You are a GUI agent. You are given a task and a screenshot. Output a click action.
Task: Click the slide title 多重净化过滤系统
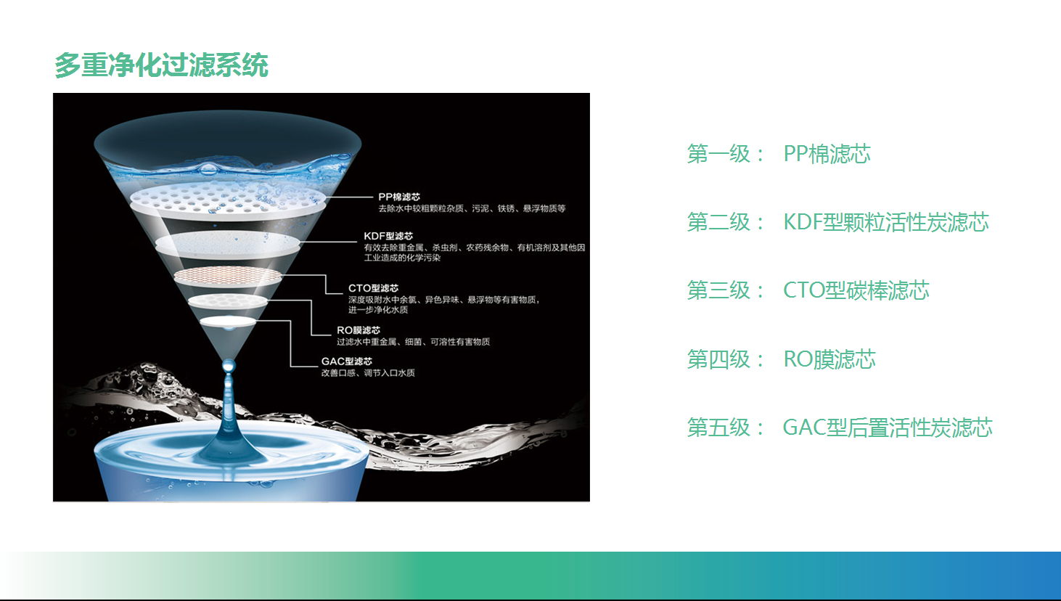click(162, 65)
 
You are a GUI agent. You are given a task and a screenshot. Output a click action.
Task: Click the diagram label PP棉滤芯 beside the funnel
click(399, 197)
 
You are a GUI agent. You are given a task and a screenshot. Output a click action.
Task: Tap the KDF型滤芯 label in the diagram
click(388, 236)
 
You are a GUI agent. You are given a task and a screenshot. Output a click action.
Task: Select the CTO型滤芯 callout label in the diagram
click(373, 288)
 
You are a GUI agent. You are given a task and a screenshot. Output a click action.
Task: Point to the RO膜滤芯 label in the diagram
click(359, 330)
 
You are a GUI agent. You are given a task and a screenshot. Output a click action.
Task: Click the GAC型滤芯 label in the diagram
click(347, 361)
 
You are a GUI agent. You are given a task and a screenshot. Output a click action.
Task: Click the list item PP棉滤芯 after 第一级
click(827, 154)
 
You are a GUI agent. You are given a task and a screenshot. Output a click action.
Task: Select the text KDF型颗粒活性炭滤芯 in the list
click(886, 222)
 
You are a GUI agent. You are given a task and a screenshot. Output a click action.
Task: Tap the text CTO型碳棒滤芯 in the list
click(856, 290)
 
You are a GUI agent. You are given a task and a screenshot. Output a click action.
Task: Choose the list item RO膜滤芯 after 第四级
click(829, 359)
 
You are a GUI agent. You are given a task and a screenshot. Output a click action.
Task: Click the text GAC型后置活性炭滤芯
click(887, 428)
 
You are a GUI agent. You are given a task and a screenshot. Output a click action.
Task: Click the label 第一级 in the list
click(718, 154)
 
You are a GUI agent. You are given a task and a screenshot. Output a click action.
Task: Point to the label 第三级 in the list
click(718, 290)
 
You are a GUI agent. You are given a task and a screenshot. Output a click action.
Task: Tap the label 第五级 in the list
click(718, 428)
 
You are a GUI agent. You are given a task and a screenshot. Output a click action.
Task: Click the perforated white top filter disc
click(228, 201)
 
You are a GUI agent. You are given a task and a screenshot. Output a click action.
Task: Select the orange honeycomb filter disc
click(228, 276)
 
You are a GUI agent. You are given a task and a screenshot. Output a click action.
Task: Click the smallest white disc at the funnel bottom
click(228, 322)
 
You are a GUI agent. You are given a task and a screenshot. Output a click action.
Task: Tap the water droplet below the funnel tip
click(229, 366)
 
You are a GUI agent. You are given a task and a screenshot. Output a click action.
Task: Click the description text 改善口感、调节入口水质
click(368, 373)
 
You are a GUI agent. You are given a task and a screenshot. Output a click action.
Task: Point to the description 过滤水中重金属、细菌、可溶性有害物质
click(413, 341)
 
